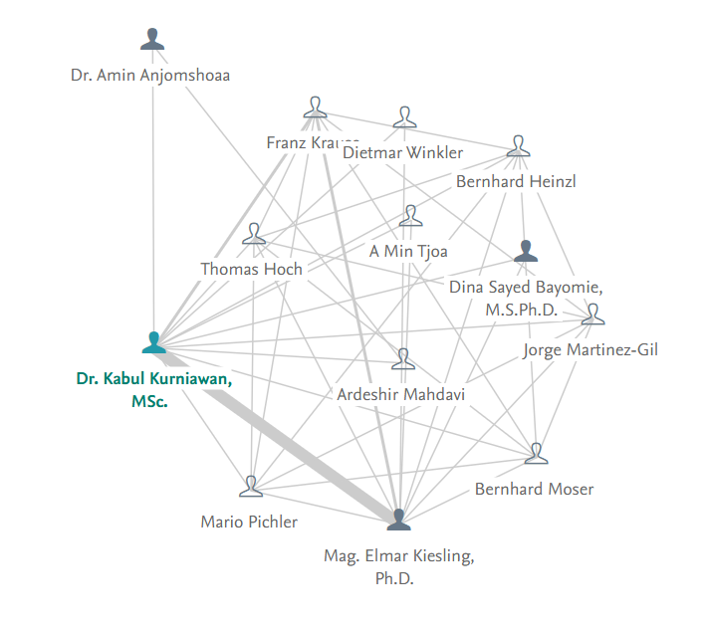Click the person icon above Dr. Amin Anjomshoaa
[x=152, y=40]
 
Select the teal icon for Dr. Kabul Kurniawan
[x=153, y=343]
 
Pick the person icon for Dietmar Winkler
[x=404, y=118]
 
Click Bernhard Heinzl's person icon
[x=518, y=147]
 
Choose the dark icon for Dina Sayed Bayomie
[x=526, y=253]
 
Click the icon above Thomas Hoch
[x=254, y=235]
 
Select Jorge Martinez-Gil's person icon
[x=592, y=315]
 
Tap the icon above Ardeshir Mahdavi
[x=402, y=359]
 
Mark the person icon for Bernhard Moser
[x=537, y=454]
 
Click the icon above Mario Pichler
[x=250, y=487]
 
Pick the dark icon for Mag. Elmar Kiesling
[x=398, y=520]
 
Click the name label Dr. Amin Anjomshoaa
[x=150, y=75]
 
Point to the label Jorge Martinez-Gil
[x=590, y=349]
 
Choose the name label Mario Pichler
[x=249, y=522]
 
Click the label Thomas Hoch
[x=251, y=269]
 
